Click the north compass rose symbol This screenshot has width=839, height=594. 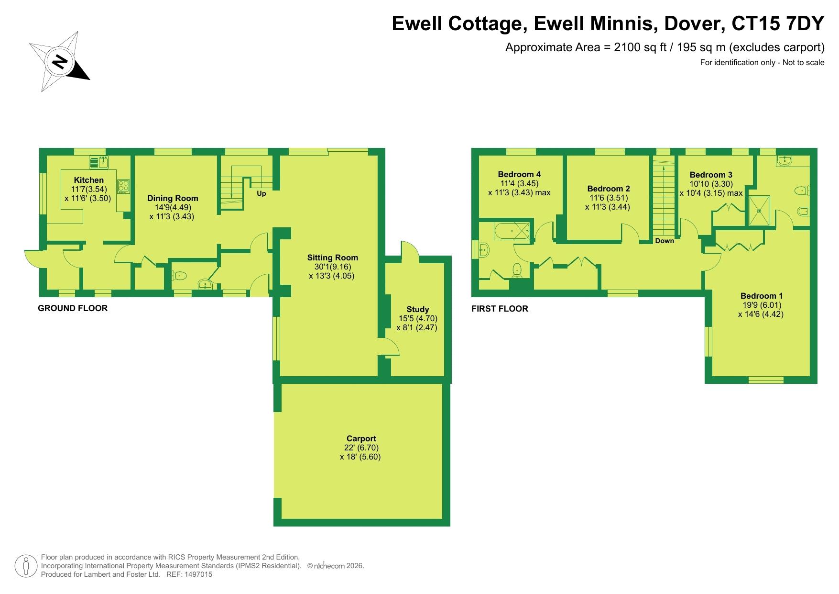point(60,62)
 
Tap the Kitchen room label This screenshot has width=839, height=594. point(89,180)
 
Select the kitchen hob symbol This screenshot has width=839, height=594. point(124,186)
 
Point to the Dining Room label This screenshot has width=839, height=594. point(173,198)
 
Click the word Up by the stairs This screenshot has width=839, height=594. point(262,194)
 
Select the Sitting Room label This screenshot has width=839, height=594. point(333,258)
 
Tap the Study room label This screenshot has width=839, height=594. point(418,309)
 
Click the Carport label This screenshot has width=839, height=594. point(361,438)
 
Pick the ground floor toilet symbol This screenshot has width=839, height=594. point(180,276)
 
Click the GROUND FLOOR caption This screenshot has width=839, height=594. point(73,308)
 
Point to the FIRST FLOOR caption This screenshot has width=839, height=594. point(500,309)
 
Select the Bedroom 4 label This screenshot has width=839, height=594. point(519,174)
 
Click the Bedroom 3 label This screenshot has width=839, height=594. point(711,175)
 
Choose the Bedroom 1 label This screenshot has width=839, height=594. point(762,296)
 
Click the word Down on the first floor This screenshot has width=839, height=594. point(665,241)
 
